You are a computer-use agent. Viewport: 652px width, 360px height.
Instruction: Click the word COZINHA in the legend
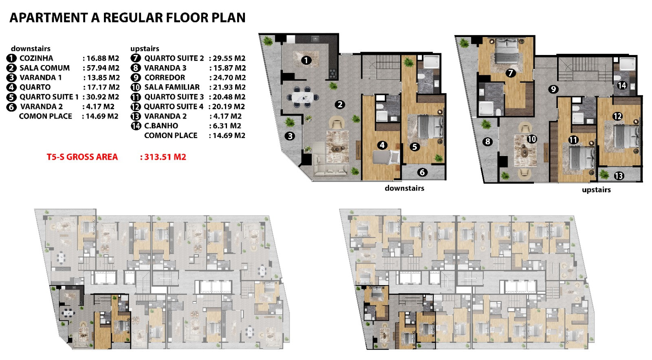point(36,58)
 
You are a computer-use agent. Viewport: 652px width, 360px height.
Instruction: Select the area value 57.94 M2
point(103,68)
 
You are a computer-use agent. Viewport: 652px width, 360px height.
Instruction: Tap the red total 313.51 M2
point(165,157)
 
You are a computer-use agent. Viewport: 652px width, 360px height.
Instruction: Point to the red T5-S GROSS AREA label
point(82,157)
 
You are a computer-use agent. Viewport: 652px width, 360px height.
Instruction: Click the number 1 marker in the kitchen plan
point(306,61)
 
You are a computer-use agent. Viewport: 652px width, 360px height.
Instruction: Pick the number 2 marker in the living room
point(340,105)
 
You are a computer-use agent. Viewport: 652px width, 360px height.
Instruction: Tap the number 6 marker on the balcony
point(422,172)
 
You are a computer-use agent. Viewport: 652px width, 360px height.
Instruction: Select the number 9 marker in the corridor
point(553,89)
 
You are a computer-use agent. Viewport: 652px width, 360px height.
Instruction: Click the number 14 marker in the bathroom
point(622,86)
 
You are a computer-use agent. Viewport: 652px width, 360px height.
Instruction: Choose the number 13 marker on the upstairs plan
point(619,176)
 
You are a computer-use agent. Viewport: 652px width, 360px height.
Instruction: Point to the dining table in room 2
point(302,97)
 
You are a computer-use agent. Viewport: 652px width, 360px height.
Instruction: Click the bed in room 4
point(386,157)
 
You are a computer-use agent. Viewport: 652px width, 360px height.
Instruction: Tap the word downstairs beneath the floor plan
point(404,188)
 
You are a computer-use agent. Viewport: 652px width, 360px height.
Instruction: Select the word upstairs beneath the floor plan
point(596,190)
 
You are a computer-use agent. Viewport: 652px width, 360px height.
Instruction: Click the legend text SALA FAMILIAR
point(172,87)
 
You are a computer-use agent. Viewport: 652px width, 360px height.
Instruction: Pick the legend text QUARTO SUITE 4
point(174,106)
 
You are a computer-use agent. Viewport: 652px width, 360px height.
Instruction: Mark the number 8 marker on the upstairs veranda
point(487,142)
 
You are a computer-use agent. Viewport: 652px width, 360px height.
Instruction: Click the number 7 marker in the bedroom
point(511,73)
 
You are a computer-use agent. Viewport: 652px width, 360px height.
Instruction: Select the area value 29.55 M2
point(229,58)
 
